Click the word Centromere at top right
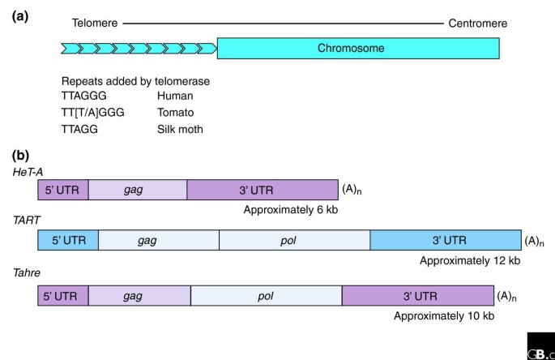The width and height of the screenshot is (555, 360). pos(478,24)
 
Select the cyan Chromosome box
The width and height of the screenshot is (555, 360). pos(357,49)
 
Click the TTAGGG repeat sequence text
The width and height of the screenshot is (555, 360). pos(84,96)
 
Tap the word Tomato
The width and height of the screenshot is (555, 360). pos(177,113)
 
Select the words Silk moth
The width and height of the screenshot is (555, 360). pos(181,129)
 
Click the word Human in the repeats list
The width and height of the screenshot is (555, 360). pos(175,96)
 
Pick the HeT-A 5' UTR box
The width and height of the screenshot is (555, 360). pos(63,190)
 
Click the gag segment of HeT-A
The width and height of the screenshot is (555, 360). pos(138,190)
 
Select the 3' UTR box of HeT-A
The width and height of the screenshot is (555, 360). pos(263,190)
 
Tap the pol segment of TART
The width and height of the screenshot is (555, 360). pos(294,240)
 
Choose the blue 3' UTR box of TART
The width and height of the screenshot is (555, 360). pos(445,240)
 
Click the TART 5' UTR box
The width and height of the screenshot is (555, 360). pos(68,240)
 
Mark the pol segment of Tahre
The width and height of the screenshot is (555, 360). pos(266,296)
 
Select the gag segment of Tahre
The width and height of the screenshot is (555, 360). pos(139,296)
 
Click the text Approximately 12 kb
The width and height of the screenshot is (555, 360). pos(470,260)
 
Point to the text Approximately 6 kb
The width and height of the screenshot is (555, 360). pos(289,209)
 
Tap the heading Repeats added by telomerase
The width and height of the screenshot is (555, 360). pos(135,81)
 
